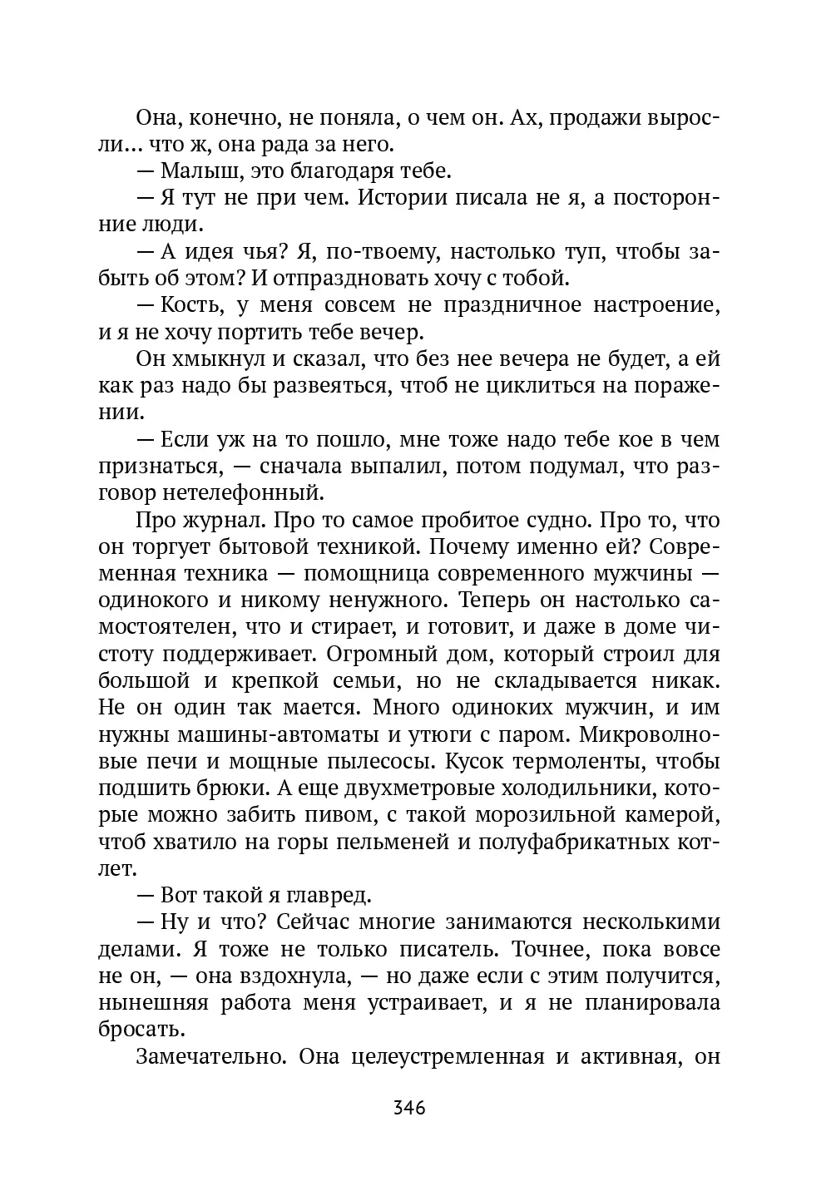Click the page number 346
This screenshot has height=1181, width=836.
(409, 1109)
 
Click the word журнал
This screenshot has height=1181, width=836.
(220, 521)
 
